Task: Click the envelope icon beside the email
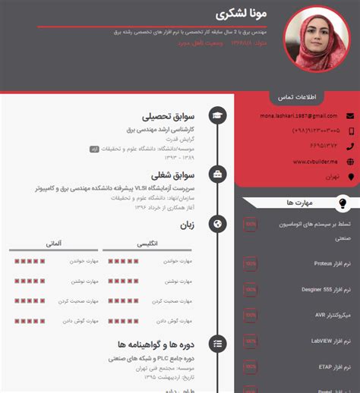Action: click(350, 115)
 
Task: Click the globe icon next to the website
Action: click(350, 161)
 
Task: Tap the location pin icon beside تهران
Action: click(350, 177)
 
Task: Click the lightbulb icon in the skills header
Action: click(342, 203)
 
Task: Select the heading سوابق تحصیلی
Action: click(173, 117)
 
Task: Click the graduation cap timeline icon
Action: click(218, 116)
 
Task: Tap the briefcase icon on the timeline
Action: click(218, 174)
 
